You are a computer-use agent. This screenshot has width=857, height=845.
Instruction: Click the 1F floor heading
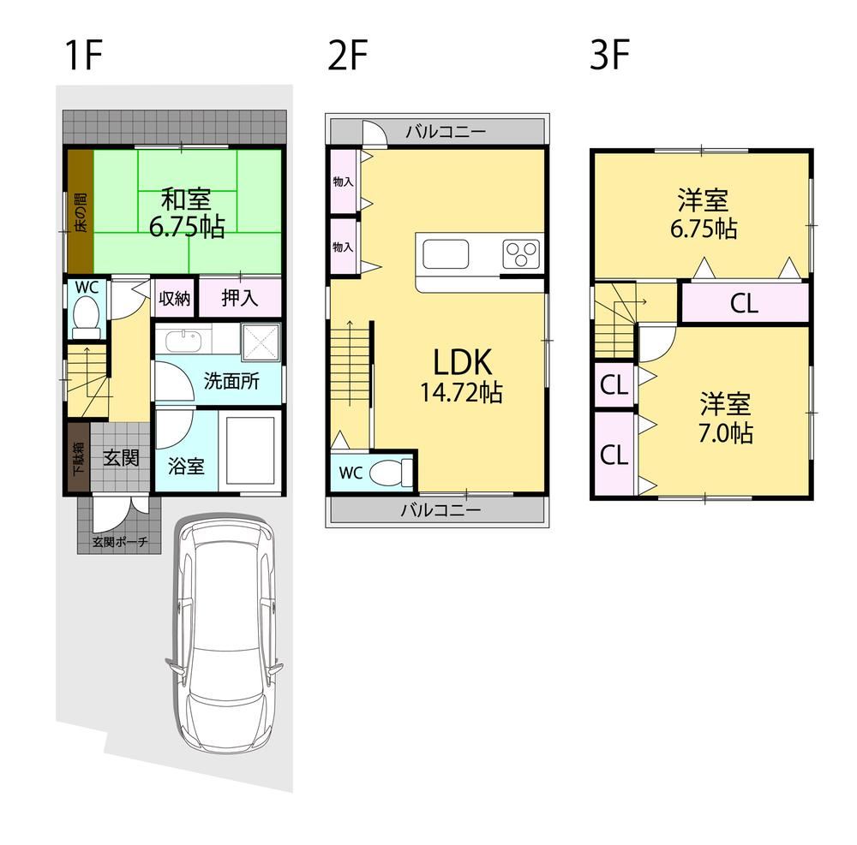(x=83, y=55)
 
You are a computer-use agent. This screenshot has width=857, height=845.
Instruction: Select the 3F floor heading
(x=609, y=55)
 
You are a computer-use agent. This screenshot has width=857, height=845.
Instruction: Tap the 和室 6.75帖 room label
(x=187, y=213)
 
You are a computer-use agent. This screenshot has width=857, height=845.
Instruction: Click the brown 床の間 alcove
(x=81, y=211)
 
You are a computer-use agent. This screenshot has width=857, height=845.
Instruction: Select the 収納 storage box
(x=174, y=298)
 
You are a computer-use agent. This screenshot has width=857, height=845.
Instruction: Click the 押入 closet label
(x=239, y=298)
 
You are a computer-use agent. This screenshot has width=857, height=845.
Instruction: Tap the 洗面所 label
(x=231, y=381)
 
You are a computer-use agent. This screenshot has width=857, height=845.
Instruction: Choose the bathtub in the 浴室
(x=250, y=451)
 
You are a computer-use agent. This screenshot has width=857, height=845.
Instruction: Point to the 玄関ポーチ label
(x=120, y=543)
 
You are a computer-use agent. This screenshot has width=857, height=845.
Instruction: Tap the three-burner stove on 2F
(x=521, y=254)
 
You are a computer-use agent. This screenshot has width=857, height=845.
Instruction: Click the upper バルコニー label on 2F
(x=446, y=132)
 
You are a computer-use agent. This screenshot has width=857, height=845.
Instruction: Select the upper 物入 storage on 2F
(x=344, y=181)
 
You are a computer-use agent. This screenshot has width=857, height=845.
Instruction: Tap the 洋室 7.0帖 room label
(x=725, y=418)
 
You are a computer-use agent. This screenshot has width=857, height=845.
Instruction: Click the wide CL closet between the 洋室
(x=744, y=302)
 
